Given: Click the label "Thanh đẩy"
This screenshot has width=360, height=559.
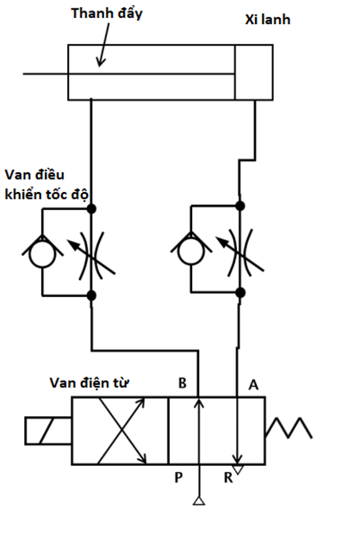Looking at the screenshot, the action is (107, 14).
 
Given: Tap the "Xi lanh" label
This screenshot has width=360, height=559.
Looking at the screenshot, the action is (268, 19).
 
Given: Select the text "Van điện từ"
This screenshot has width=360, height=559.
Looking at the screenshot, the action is (89, 383).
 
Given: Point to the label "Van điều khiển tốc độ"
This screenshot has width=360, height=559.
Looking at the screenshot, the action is (47, 184).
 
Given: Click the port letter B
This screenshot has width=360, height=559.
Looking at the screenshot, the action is (182, 383).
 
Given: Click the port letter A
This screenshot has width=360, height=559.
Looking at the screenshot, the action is (253, 385).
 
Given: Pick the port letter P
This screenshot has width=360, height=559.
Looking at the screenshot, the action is (178, 477).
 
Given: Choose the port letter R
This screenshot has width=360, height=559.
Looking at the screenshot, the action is (228, 478).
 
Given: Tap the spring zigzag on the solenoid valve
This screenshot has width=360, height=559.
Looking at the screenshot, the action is (289, 427).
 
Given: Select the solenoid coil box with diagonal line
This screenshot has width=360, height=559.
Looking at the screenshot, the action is (48, 431).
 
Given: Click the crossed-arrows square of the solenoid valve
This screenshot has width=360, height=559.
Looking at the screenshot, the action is (120, 431).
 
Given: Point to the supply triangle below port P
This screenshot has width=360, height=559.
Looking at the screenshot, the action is (199, 501).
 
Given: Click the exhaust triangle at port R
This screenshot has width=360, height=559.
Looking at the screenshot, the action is (238, 469).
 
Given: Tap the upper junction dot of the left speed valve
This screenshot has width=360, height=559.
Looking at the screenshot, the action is (91, 208).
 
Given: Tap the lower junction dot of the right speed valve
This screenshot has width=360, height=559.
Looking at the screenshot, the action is (240, 293).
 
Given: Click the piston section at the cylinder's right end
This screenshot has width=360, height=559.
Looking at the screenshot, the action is (254, 72).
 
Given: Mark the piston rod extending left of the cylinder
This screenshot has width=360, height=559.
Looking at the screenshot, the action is (128, 74).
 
